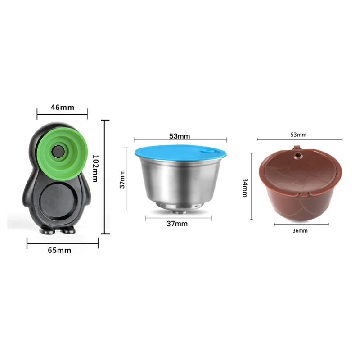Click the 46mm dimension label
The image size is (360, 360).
tap(63, 108)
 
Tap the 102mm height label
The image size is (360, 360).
tap(94, 167)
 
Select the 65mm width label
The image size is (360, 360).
tap(62, 250)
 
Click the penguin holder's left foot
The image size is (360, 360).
tap(47, 230)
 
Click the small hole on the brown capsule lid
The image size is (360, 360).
tap(297, 157)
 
